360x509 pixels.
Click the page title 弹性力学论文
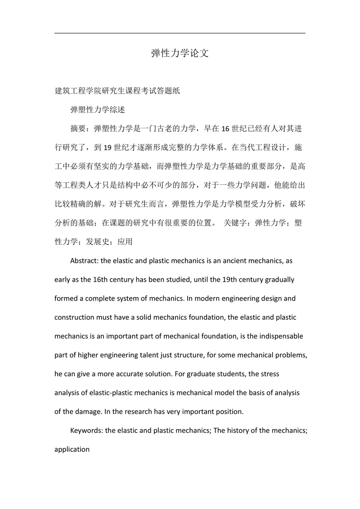click(180, 53)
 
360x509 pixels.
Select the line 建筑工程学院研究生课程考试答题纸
click(117, 91)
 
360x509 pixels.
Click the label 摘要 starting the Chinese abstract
click(78, 129)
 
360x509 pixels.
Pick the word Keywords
click(86, 430)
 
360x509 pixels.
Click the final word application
click(72, 449)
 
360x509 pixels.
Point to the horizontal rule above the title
click(180, 33)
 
